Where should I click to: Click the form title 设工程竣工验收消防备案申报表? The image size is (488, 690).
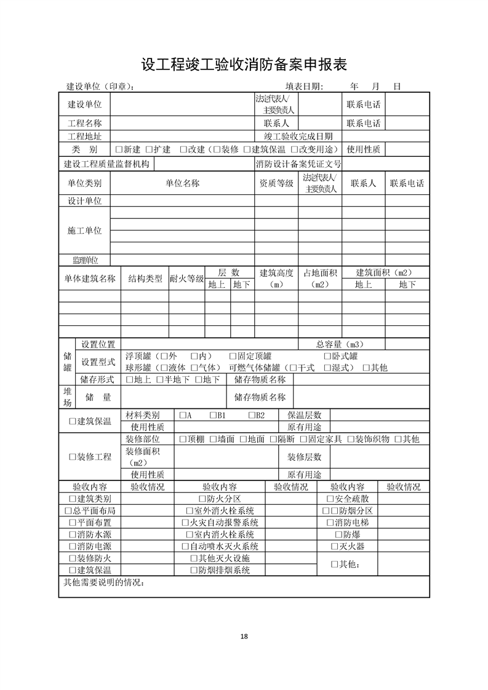click(244, 65)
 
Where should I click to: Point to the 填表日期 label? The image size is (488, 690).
click(303, 87)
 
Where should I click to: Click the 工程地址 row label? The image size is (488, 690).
click(84, 136)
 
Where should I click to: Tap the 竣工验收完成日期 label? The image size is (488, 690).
click(298, 136)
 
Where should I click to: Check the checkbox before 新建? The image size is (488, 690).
click(119, 149)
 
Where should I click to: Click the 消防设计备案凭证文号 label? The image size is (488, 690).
click(298, 164)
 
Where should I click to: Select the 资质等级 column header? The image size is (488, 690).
click(276, 183)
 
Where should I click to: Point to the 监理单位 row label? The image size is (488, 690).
click(84, 261)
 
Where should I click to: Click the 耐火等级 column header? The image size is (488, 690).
click(186, 279)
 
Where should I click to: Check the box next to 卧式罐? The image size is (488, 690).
click(327, 356)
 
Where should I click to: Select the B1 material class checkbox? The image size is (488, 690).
click(212, 415)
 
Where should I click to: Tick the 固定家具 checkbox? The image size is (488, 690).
click(303, 439)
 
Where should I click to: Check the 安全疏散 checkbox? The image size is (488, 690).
click(330, 499)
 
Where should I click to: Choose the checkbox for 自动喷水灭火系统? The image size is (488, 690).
click(185, 546)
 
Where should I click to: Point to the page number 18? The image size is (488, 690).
click(244, 636)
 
